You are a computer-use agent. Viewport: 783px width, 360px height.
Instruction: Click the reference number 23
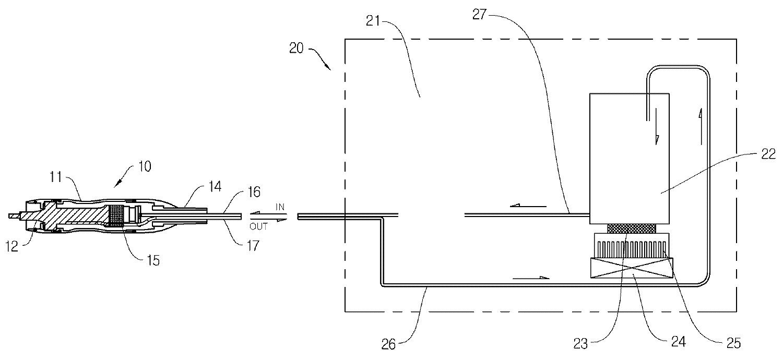(x=580, y=343)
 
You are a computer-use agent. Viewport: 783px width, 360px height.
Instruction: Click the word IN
(x=280, y=207)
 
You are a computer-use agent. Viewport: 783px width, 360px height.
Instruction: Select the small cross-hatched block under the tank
(x=631, y=229)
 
